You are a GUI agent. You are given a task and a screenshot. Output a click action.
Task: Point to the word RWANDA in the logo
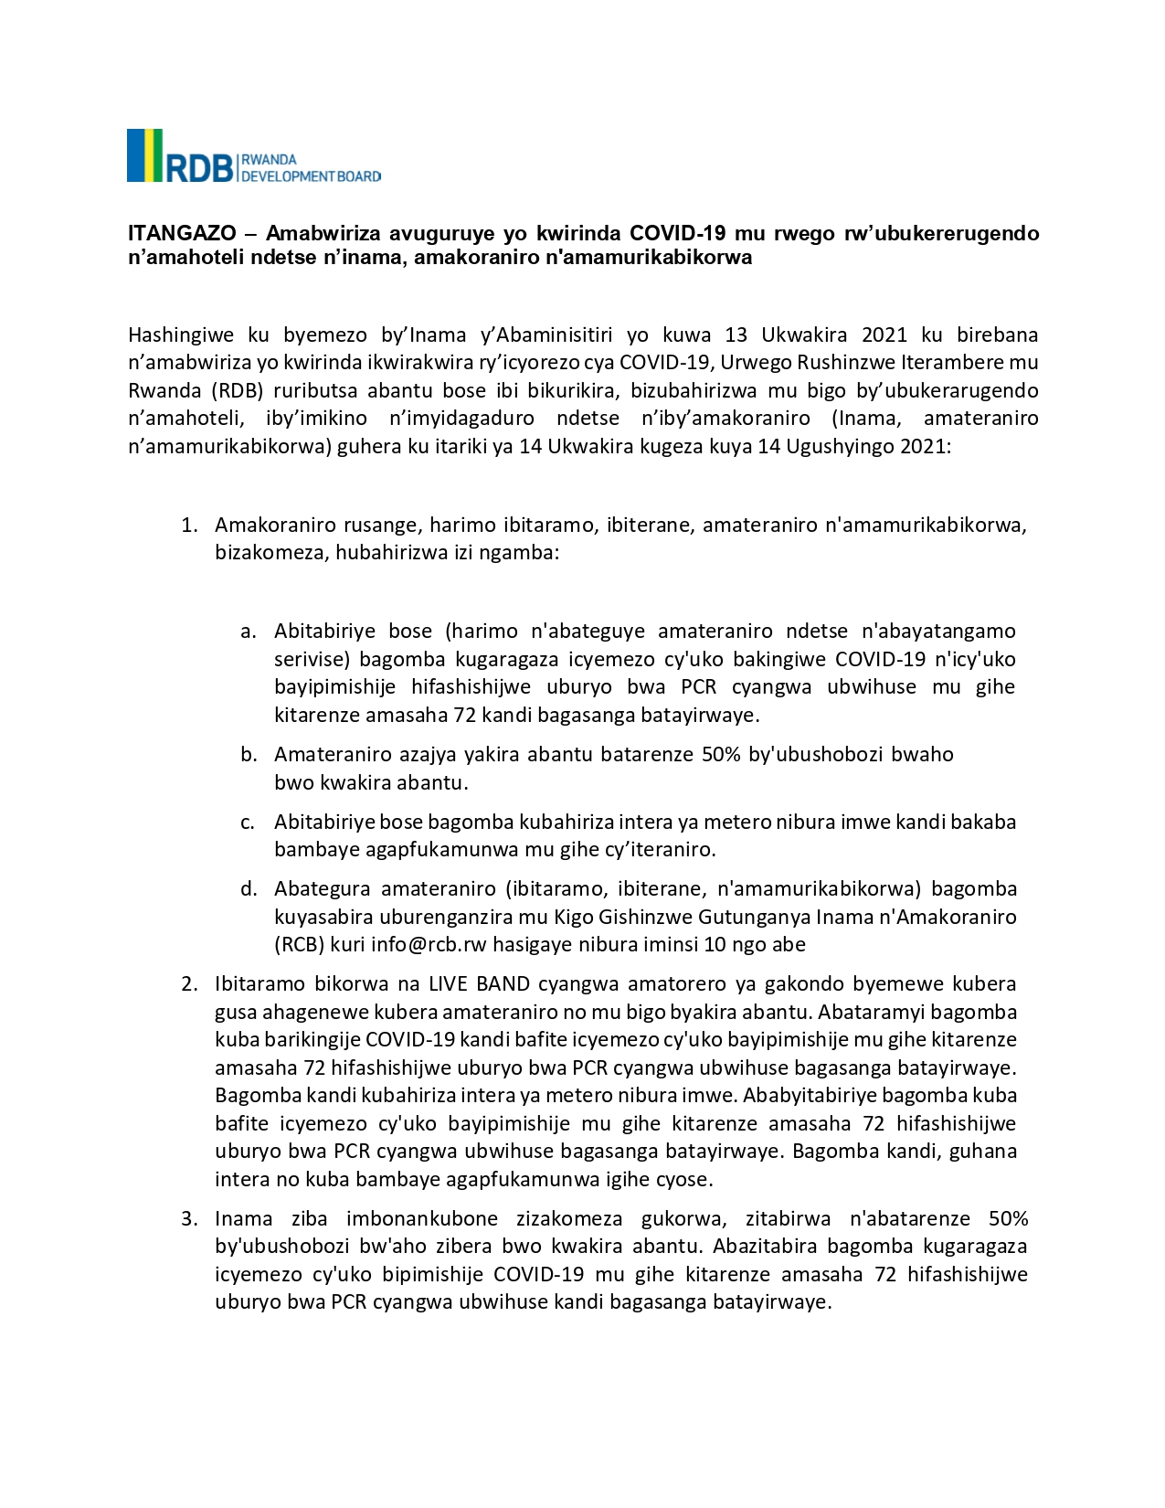tap(269, 160)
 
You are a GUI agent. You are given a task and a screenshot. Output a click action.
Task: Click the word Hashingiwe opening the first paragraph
tap(181, 335)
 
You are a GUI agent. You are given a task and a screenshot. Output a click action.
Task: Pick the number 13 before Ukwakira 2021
tap(736, 335)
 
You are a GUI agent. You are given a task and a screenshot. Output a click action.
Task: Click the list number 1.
tap(189, 526)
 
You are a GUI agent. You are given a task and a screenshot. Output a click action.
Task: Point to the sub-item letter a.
tap(248, 632)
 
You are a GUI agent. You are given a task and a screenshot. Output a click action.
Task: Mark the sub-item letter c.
tap(248, 823)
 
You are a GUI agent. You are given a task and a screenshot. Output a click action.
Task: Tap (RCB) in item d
tap(299, 945)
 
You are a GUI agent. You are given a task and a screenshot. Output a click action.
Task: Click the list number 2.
tap(189, 984)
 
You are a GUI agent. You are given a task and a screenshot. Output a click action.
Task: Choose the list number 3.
tap(189, 1219)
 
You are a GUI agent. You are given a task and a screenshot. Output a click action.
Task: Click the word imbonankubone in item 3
tap(422, 1219)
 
